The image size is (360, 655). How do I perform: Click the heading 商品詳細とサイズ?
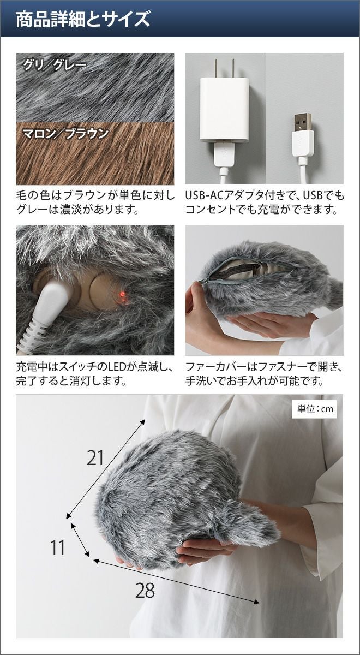(x=83, y=19)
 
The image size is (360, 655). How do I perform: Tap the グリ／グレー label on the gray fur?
(x=55, y=65)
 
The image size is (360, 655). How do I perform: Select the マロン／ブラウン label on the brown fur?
(x=65, y=134)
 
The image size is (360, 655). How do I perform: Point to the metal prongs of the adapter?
(x=224, y=68)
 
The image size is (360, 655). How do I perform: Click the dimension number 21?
(x=95, y=458)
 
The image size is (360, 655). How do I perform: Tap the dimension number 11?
(x=57, y=540)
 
